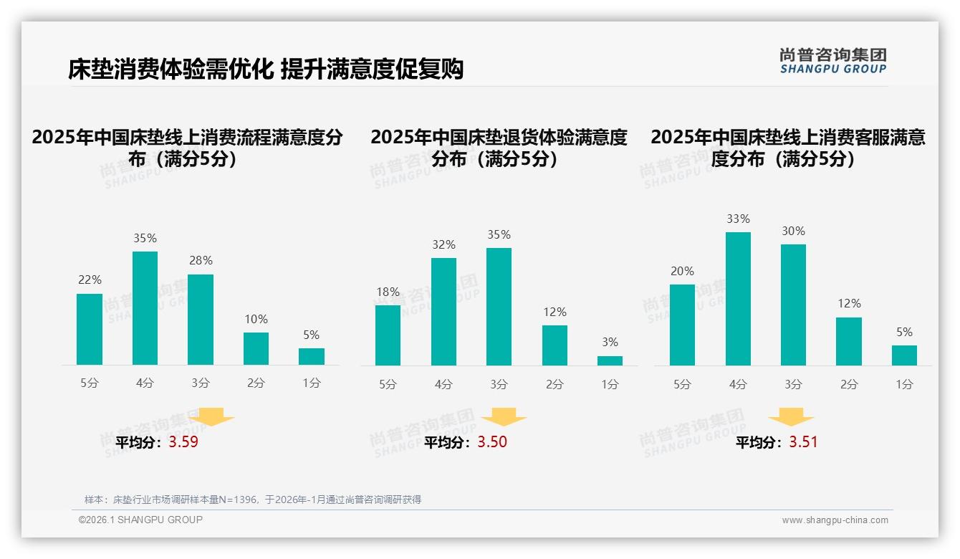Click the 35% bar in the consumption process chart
(145, 308)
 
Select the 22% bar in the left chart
(90, 329)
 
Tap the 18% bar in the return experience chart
(388, 335)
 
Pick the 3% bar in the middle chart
(610, 360)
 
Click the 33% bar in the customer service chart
(738, 299)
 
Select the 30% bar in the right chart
(793, 305)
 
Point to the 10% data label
(256, 319)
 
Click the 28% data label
(201, 261)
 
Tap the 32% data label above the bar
(443, 244)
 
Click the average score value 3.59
(183, 442)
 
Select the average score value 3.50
(492, 442)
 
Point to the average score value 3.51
(803, 442)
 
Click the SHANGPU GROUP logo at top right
(832, 61)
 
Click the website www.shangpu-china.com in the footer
(835, 520)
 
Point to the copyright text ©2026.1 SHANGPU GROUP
(140, 520)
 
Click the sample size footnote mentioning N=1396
(253, 500)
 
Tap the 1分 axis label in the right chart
(904, 385)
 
